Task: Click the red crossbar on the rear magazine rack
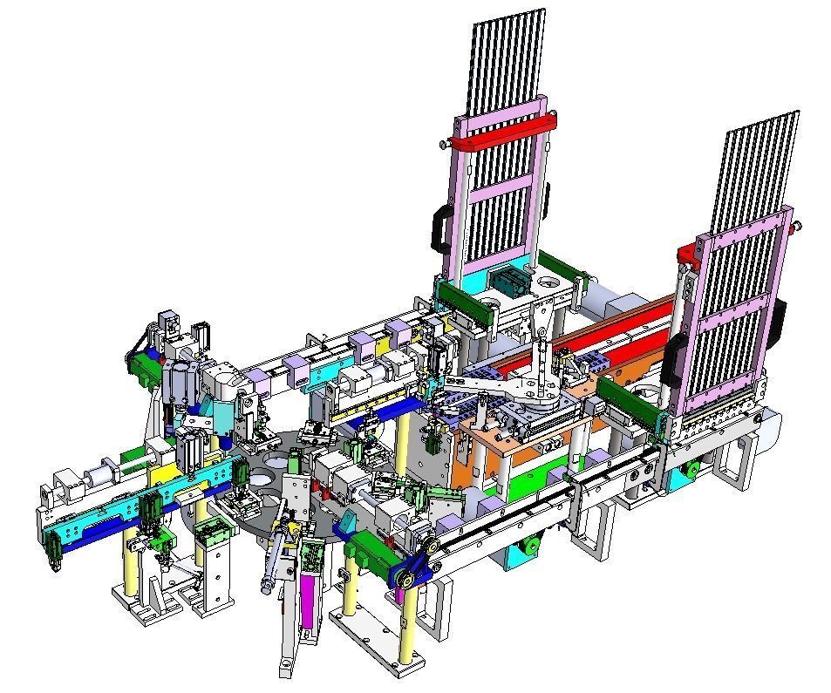click(x=501, y=131)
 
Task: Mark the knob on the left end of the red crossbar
click(x=447, y=144)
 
